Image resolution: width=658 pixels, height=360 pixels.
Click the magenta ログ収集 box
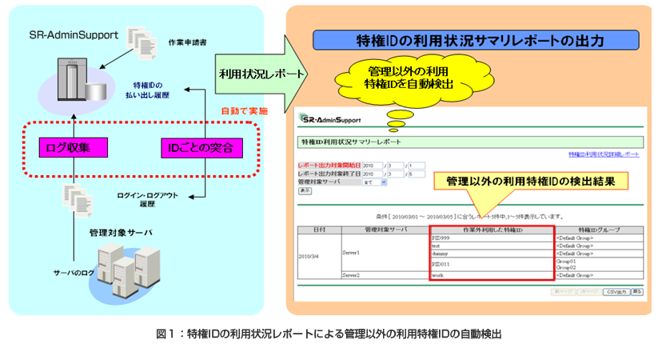[x=74, y=147]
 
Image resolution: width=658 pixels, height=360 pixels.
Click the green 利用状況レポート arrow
[x=262, y=74]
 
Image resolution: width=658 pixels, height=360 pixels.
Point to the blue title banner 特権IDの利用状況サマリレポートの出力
[x=479, y=40]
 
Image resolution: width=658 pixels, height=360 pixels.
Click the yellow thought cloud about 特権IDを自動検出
[x=409, y=78]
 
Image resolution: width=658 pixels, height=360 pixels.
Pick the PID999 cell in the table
[x=442, y=238]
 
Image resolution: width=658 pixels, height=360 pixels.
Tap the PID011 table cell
[x=442, y=263]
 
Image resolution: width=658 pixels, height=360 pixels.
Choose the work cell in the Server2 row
[x=439, y=275]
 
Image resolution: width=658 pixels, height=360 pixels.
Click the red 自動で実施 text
[x=243, y=110]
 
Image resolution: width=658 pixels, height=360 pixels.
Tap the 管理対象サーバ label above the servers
[x=120, y=232]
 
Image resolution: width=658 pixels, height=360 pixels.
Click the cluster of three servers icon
[x=124, y=268]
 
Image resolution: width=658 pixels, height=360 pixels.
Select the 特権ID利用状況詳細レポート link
[x=604, y=153]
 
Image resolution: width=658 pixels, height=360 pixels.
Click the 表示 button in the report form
[x=305, y=191]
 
